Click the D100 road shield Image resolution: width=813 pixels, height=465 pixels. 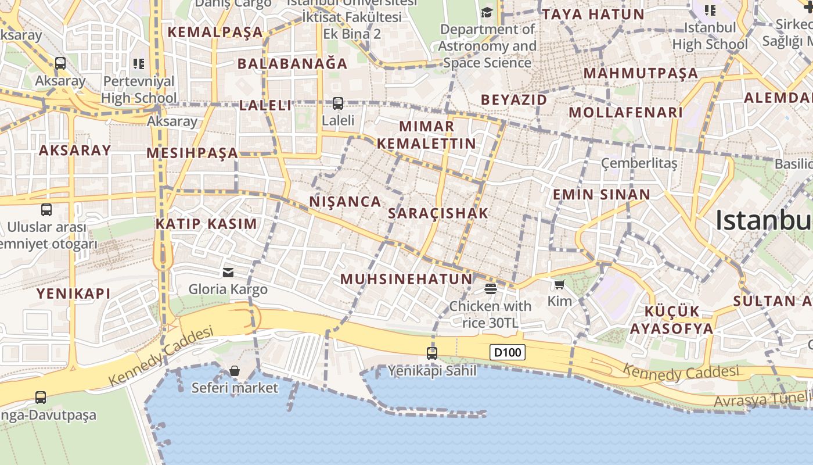pos(508,352)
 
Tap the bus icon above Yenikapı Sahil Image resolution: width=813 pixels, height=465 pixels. pos(431,353)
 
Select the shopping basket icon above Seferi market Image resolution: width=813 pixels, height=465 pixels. pos(235,371)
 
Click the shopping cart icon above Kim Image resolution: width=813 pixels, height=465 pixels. pos(559,284)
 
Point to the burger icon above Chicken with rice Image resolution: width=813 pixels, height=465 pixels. pos(491,288)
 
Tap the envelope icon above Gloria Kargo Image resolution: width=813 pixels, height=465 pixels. pos(228,272)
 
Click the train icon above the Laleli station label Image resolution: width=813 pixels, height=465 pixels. pos(338,103)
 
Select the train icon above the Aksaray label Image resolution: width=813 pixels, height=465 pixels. pos(60,63)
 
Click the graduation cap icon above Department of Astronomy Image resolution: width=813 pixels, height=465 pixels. pos(487,12)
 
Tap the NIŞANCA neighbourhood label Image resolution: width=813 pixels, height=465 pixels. pos(346,202)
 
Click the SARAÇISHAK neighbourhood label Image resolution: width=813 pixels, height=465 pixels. pos(438,213)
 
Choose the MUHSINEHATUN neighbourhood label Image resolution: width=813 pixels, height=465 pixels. pos(406,279)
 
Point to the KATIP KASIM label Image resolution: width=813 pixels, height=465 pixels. pos(206,224)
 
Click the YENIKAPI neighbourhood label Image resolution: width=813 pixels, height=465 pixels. pos(74,294)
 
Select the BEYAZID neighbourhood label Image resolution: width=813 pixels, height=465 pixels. pos(514,100)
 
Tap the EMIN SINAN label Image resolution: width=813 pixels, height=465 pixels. pos(601,194)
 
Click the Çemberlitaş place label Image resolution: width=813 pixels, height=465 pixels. pos(639,163)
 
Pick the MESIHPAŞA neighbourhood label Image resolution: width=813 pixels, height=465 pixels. pos(192,153)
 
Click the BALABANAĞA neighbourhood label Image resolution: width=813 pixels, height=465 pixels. pos(293,63)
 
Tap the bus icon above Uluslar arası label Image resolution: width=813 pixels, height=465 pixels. pos(46,210)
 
